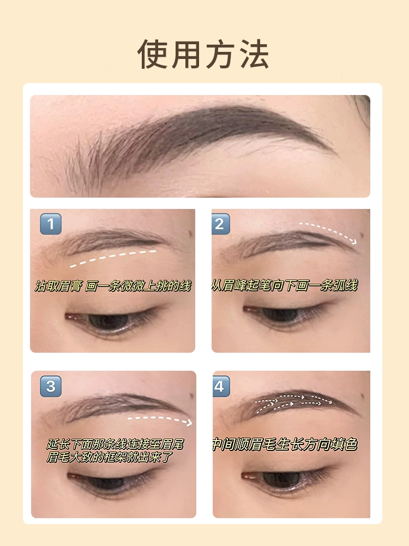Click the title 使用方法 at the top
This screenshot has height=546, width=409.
click(x=203, y=54)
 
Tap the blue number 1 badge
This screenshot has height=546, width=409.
click(x=51, y=224)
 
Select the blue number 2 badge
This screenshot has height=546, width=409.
click(x=220, y=224)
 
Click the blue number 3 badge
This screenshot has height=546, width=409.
click(x=51, y=386)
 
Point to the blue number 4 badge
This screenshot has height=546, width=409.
click(x=221, y=386)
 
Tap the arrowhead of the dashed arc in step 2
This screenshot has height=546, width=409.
click(x=354, y=241)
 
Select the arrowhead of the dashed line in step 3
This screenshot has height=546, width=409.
click(x=189, y=423)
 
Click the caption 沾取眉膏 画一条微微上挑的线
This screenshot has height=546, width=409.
click(x=113, y=286)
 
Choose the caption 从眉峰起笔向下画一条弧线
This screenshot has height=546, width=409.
click(x=285, y=286)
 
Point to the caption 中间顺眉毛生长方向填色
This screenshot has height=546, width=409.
click(x=285, y=444)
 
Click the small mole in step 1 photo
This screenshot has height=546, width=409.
click(x=191, y=233)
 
